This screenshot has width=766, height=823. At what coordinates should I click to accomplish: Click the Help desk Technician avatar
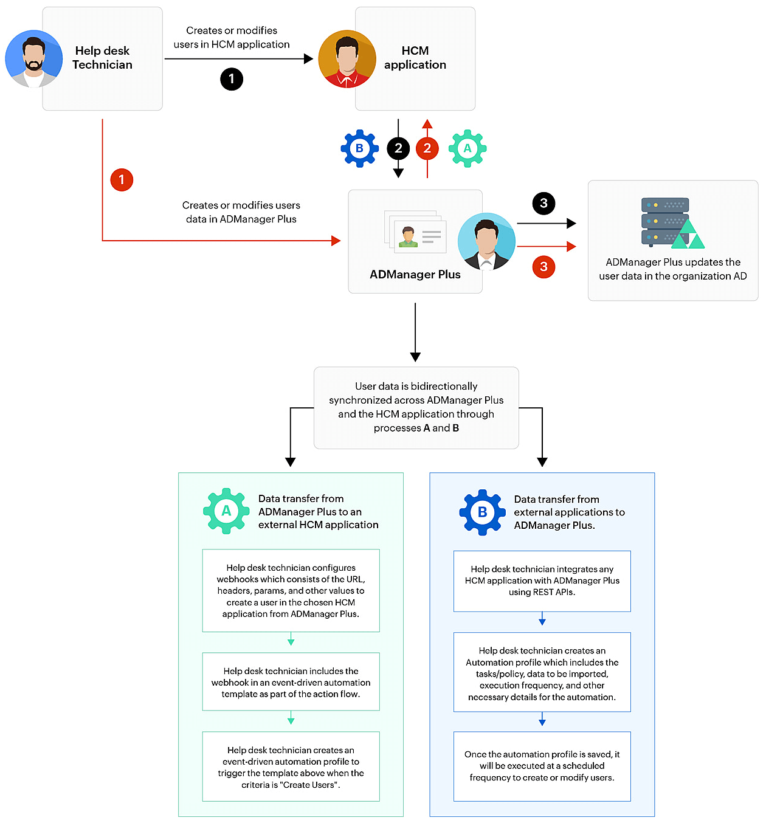(x=34, y=59)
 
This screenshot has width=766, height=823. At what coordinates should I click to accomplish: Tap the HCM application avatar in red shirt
(x=347, y=59)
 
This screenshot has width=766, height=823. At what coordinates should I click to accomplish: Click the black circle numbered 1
(x=232, y=79)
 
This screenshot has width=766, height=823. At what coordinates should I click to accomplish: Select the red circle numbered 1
(x=122, y=180)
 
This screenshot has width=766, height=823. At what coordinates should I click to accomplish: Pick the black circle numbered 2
(x=398, y=148)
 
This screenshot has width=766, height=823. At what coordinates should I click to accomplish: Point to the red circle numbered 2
(x=427, y=148)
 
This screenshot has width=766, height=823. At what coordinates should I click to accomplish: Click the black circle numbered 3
(x=543, y=204)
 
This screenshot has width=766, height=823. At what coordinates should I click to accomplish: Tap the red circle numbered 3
(x=543, y=267)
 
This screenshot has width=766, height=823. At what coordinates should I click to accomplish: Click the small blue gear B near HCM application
(x=360, y=148)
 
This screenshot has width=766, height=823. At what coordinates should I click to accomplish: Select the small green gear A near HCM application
(x=468, y=148)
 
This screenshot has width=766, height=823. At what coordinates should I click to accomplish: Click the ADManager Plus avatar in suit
(x=486, y=241)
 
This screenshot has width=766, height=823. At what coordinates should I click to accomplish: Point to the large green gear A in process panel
(x=226, y=511)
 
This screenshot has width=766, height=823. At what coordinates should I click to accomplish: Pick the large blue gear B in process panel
(x=482, y=512)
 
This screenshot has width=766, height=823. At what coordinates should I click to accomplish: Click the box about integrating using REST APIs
(x=542, y=581)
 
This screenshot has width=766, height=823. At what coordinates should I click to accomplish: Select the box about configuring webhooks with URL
(x=291, y=591)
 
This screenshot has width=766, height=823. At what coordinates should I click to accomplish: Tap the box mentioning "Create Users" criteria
(x=291, y=767)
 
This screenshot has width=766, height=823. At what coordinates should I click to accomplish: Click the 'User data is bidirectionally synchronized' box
(x=416, y=407)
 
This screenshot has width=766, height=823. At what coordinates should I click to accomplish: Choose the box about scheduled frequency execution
(x=542, y=766)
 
